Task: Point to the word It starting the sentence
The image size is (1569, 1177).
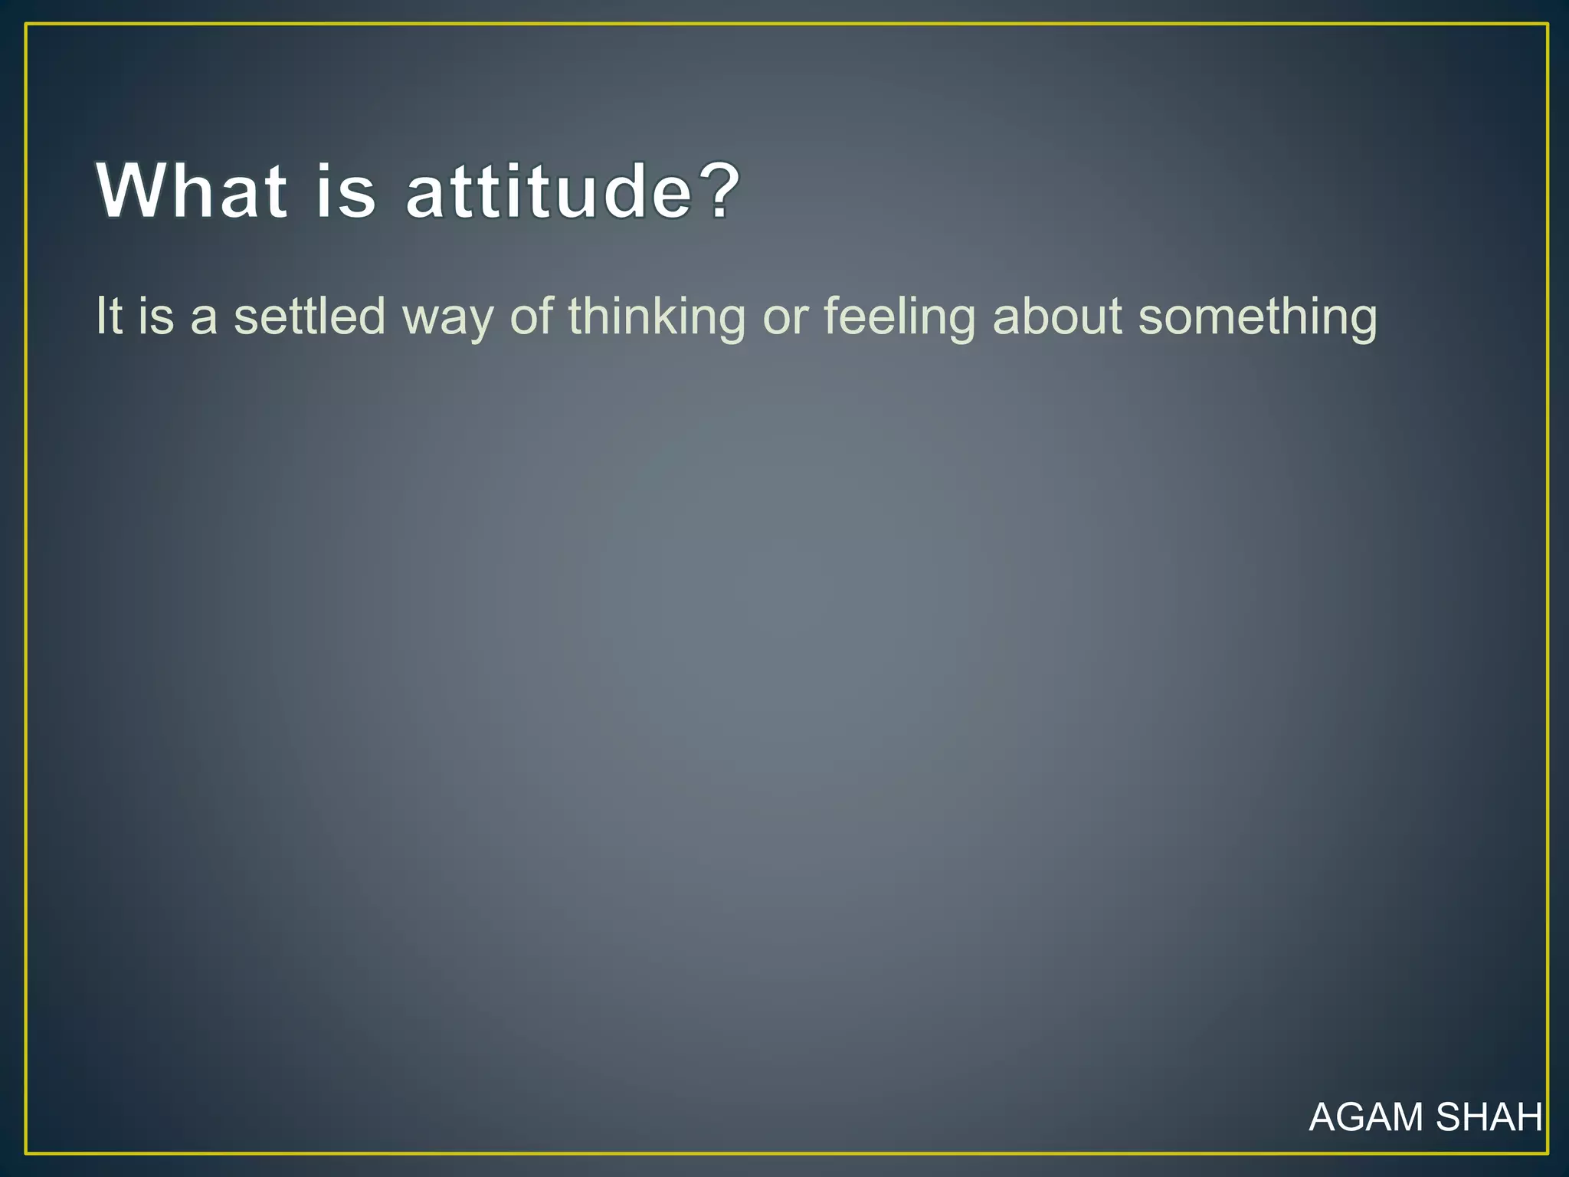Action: pos(109,316)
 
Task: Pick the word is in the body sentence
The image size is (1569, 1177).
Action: pos(156,316)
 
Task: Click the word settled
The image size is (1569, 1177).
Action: pos(310,316)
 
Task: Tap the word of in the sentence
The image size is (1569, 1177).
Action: pos(532,316)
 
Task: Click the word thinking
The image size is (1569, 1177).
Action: pos(657,317)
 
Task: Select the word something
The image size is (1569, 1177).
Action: pos(1257,317)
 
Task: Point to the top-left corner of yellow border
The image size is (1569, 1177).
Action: pos(26,25)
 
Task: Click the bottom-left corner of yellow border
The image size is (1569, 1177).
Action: pos(26,1152)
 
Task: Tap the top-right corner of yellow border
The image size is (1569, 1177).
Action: pos(1548,25)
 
